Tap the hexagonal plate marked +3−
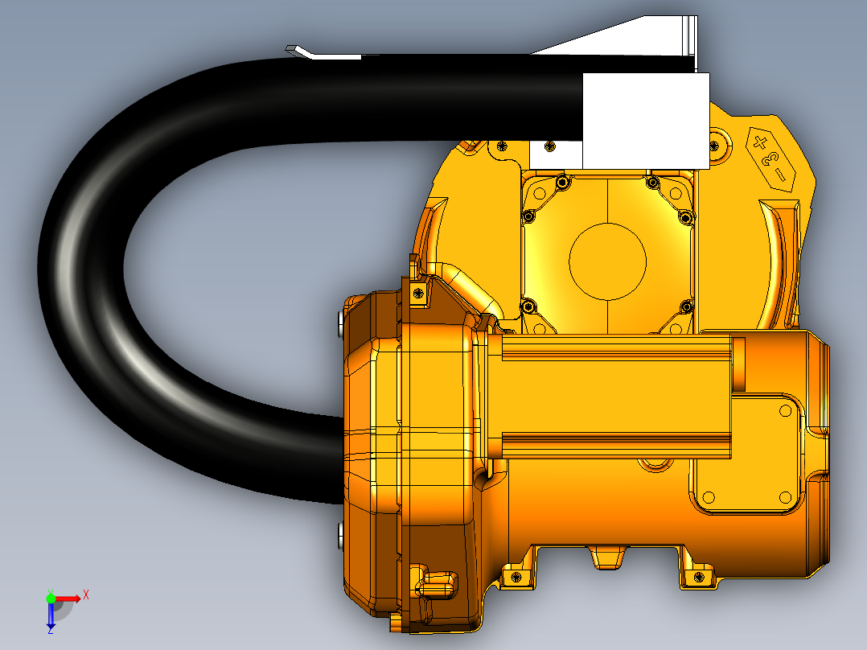point(770,159)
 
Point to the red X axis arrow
point(68,599)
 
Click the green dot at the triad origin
point(51,599)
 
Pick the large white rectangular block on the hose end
point(646,121)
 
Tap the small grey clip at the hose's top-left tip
point(298,51)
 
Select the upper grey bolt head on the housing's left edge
point(340,324)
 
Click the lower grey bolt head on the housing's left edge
point(340,535)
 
